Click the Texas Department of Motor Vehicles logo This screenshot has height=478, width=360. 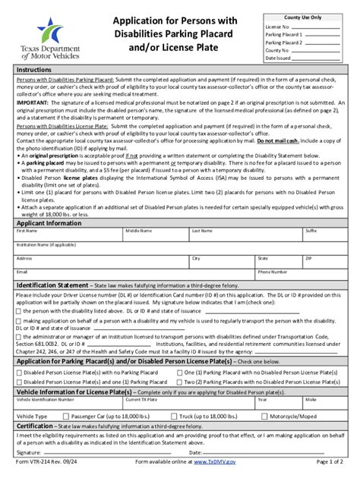point(48,38)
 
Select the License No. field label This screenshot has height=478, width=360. point(277,25)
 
